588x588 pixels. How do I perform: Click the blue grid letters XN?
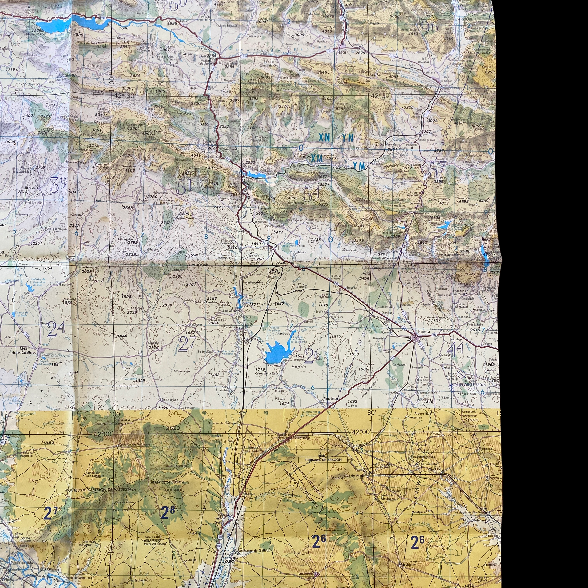(324, 138)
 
